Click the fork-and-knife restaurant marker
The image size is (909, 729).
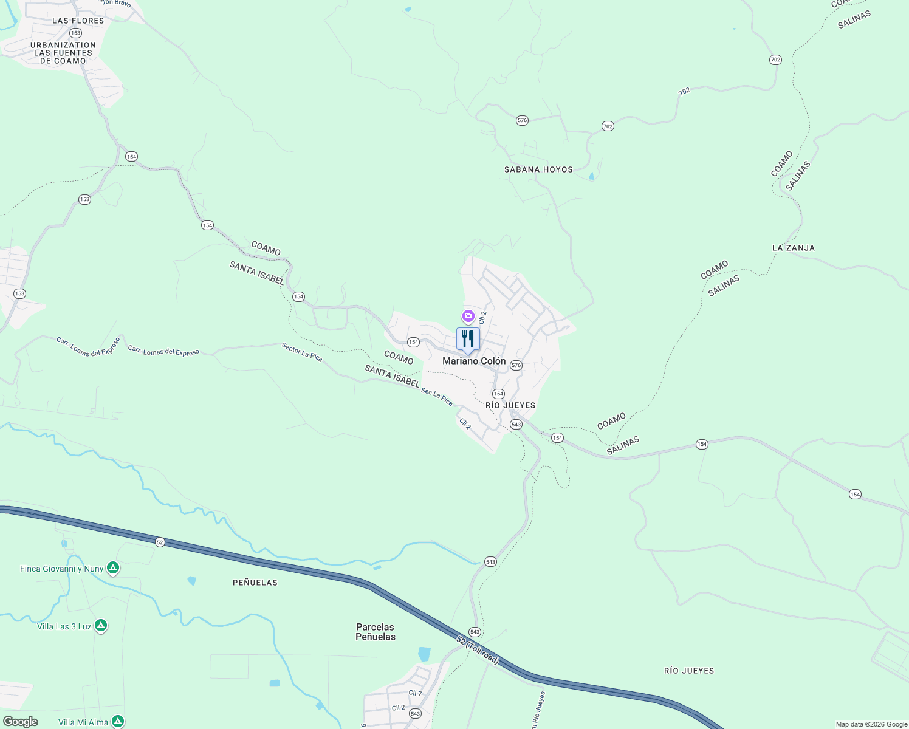pyautogui.click(x=468, y=339)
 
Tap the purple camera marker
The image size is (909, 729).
pyautogui.click(x=468, y=316)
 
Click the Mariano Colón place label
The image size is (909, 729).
pyautogui.click(x=474, y=361)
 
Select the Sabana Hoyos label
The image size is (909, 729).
pyautogui.click(x=538, y=169)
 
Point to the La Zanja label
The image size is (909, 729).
pyautogui.click(x=793, y=248)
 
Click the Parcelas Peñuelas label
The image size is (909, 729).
pyautogui.click(x=376, y=632)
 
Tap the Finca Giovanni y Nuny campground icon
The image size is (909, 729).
pyautogui.click(x=112, y=569)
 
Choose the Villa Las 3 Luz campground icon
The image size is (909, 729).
pyautogui.click(x=101, y=626)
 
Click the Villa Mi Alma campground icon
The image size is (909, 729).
pyautogui.click(x=118, y=722)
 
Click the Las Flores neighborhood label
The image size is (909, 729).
pyautogui.click(x=78, y=21)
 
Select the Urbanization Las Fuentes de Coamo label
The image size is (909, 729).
pyautogui.click(x=63, y=53)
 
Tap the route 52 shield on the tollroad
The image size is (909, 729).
pyautogui.click(x=160, y=542)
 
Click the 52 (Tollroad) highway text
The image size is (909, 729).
pyautogui.click(x=478, y=649)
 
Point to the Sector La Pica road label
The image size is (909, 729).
pyautogui.click(x=302, y=352)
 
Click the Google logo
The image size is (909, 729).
pyautogui.click(x=21, y=722)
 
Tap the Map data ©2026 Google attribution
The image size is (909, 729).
pyautogui.click(x=871, y=724)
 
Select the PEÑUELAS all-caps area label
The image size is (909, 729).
pyautogui.click(x=255, y=583)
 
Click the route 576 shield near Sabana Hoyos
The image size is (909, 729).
pyautogui.click(x=522, y=120)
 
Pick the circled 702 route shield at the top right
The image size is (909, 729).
pyautogui.click(x=775, y=60)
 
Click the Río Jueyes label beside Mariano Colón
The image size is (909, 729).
pyautogui.click(x=510, y=405)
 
